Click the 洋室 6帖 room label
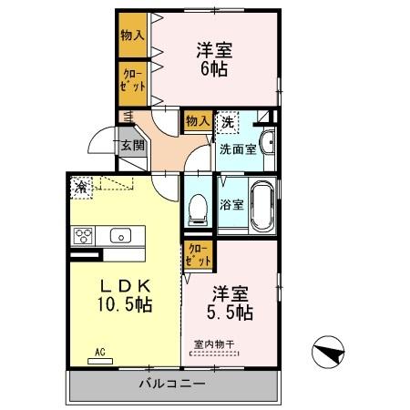tap(215, 57)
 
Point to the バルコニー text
tap(171, 384)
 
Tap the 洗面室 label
tap(236, 148)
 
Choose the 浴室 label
tap(231, 205)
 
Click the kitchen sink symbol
tap(120, 236)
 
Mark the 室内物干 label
tap(215, 344)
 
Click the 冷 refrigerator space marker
tap(82, 187)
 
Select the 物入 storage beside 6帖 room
tap(133, 35)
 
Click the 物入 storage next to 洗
tap(198, 120)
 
